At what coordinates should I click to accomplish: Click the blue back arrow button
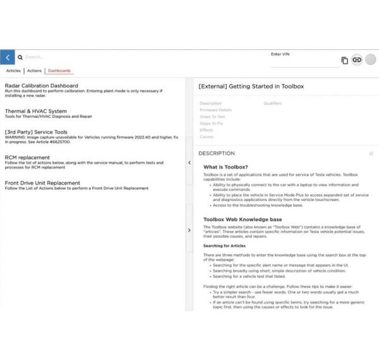pos(8,58)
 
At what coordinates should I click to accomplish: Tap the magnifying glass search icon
pos(20,58)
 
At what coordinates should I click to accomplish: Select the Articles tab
pos(13,71)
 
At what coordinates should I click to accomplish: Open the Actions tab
pos(34,71)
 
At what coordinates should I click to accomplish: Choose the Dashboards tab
pos(59,71)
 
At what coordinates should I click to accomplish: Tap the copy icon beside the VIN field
pos(344,60)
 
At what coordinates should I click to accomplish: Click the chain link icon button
pos(357,59)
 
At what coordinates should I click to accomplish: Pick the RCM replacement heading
pos(27,157)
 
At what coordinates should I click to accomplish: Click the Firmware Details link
pos(215,110)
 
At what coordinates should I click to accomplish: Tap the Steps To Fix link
pos(212,123)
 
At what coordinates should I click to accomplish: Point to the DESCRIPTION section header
pos(217,153)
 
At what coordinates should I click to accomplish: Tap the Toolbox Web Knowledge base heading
pos(242,219)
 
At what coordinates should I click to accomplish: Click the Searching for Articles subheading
pos(224,245)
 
